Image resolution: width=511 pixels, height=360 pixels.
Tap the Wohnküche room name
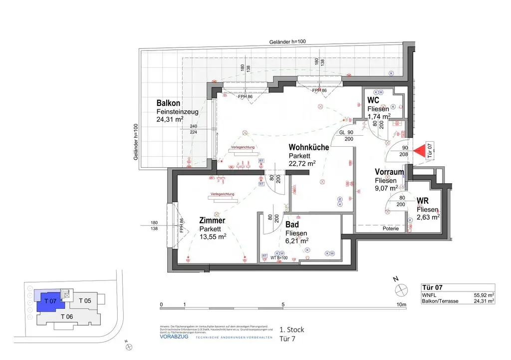(x=308, y=147)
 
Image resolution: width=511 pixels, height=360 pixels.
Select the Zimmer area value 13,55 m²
(x=213, y=237)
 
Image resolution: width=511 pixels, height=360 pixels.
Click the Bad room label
(x=292, y=225)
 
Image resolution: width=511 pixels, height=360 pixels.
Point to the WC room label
(x=373, y=100)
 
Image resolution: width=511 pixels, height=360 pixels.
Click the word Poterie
(x=391, y=229)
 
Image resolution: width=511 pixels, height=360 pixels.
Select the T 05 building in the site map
(x=85, y=301)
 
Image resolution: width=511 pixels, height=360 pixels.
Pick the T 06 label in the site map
(x=67, y=317)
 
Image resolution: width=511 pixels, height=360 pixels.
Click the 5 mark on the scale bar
(x=283, y=304)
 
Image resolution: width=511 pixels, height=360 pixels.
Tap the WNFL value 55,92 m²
(x=484, y=295)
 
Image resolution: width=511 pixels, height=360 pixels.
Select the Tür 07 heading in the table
(x=432, y=288)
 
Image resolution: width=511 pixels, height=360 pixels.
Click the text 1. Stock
(x=291, y=330)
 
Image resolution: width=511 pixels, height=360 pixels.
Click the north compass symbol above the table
(x=401, y=290)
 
